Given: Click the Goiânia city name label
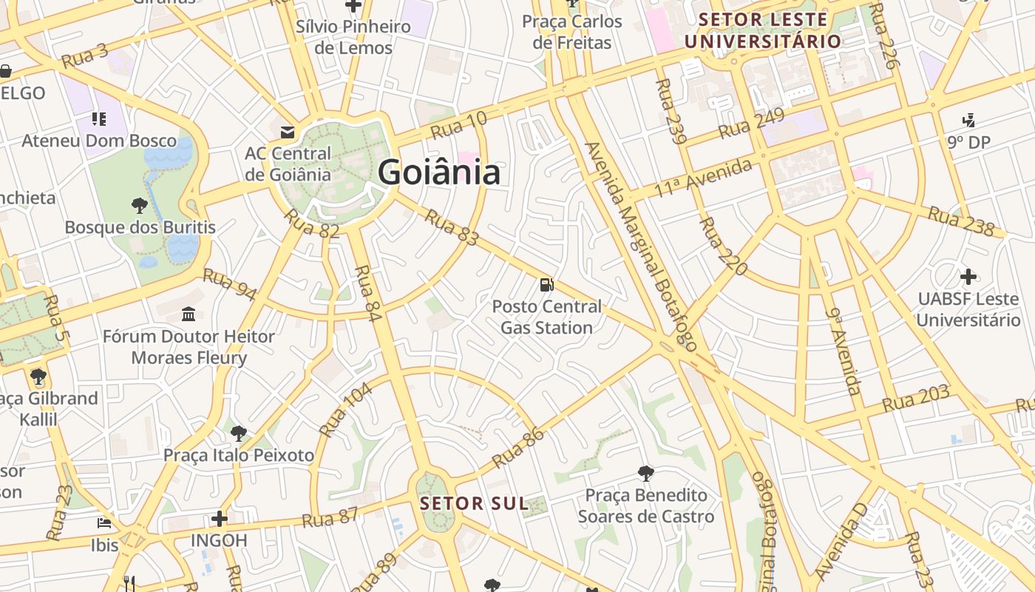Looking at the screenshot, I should click(x=439, y=172).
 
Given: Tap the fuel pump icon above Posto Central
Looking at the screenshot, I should click(x=547, y=284).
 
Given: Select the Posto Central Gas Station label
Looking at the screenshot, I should click(x=547, y=317).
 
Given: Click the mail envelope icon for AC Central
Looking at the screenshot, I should click(x=288, y=132).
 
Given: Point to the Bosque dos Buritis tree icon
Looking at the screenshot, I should click(x=139, y=205).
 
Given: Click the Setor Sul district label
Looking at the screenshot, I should click(x=475, y=504).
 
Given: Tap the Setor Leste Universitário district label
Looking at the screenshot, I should click(x=763, y=30).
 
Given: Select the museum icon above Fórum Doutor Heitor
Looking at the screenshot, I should click(x=189, y=314).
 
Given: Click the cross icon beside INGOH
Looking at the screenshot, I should click(x=219, y=518).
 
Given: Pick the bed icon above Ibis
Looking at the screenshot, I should click(x=104, y=523).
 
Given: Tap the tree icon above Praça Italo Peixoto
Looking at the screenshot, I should click(x=238, y=433).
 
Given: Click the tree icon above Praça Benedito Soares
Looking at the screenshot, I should click(x=646, y=473).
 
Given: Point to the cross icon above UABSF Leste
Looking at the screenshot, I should click(x=968, y=277).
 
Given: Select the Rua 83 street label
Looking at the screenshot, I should click(x=452, y=229).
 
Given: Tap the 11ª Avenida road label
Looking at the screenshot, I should click(x=703, y=178).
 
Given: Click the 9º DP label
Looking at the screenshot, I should click(x=968, y=141).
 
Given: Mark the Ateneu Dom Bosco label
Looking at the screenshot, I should click(x=99, y=141).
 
